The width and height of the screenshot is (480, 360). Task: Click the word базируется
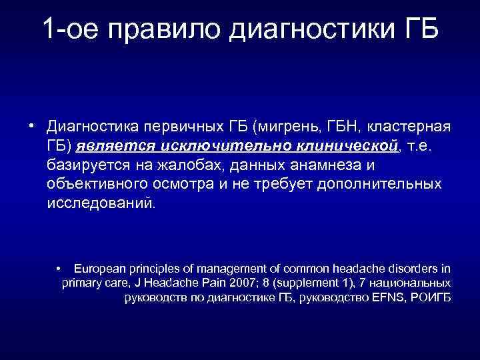click(x=89, y=164)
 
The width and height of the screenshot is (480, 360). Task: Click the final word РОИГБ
click(x=432, y=297)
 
